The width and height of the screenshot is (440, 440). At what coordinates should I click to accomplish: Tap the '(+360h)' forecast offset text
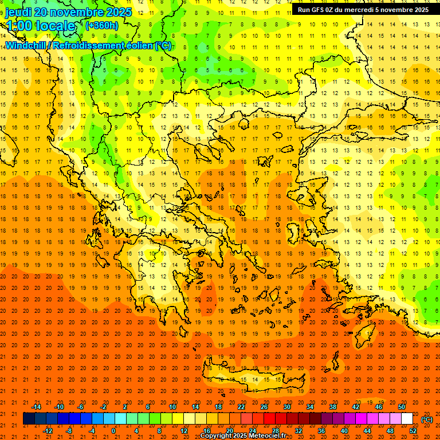(101, 25)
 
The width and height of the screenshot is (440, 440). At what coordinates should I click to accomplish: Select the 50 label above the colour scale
(402, 406)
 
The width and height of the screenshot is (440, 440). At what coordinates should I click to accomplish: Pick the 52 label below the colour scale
(413, 431)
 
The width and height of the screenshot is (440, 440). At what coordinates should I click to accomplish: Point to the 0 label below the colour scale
(113, 431)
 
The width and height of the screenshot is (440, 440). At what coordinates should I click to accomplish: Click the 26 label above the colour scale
(264, 406)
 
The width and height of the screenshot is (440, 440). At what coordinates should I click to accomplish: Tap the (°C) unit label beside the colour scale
(427, 419)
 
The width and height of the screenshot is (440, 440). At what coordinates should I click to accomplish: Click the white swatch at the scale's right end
(407, 419)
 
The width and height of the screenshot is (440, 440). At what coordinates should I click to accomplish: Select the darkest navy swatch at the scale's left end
(29, 419)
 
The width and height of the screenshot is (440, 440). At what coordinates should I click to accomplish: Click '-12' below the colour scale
(48, 431)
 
